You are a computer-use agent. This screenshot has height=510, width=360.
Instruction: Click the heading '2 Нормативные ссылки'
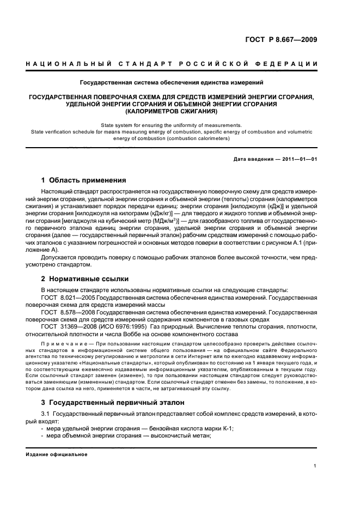coord(85,279)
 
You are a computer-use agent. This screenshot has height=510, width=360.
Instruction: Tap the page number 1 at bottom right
coord(315,465)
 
